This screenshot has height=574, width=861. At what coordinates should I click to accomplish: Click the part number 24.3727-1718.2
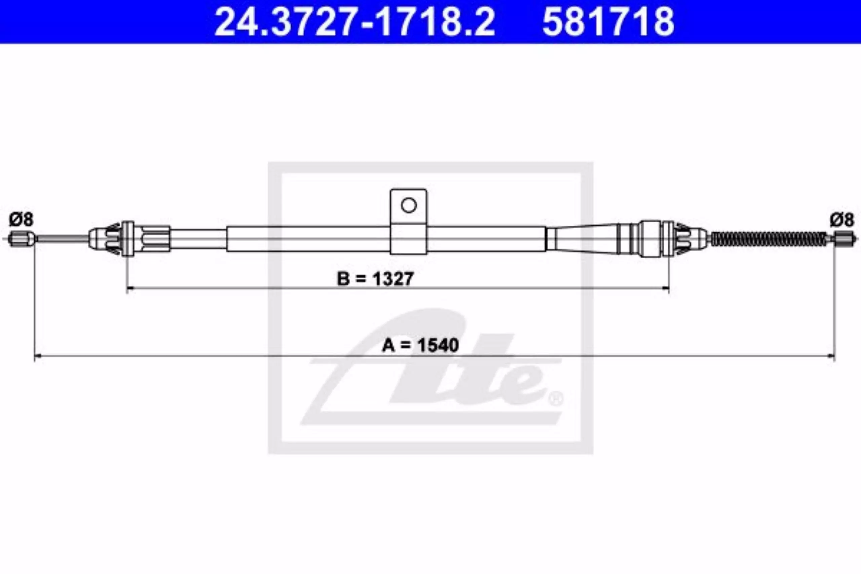click(354, 22)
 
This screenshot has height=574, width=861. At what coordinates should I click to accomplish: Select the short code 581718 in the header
click(608, 22)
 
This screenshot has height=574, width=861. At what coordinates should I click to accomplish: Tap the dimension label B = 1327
click(375, 278)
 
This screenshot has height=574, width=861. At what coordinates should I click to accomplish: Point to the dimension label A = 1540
click(420, 345)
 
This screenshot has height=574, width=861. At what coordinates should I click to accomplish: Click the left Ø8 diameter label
click(21, 220)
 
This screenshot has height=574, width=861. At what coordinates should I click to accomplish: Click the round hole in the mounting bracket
click(409, 205)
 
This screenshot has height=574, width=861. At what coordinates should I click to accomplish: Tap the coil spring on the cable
click(769, 239)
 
